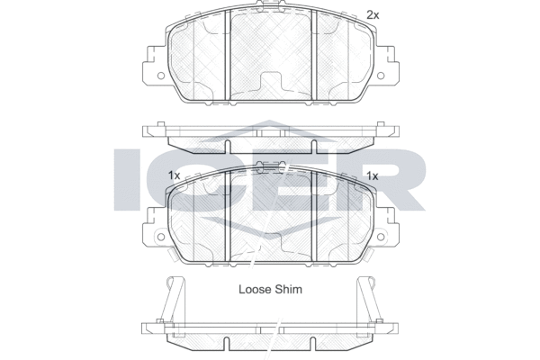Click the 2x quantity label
tap(372, 14)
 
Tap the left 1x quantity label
tap(174, 175)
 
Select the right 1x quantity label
tap(372, 175)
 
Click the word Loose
tap(255, 290)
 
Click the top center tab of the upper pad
tap(270, 9)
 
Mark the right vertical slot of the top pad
tap(312, 54)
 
